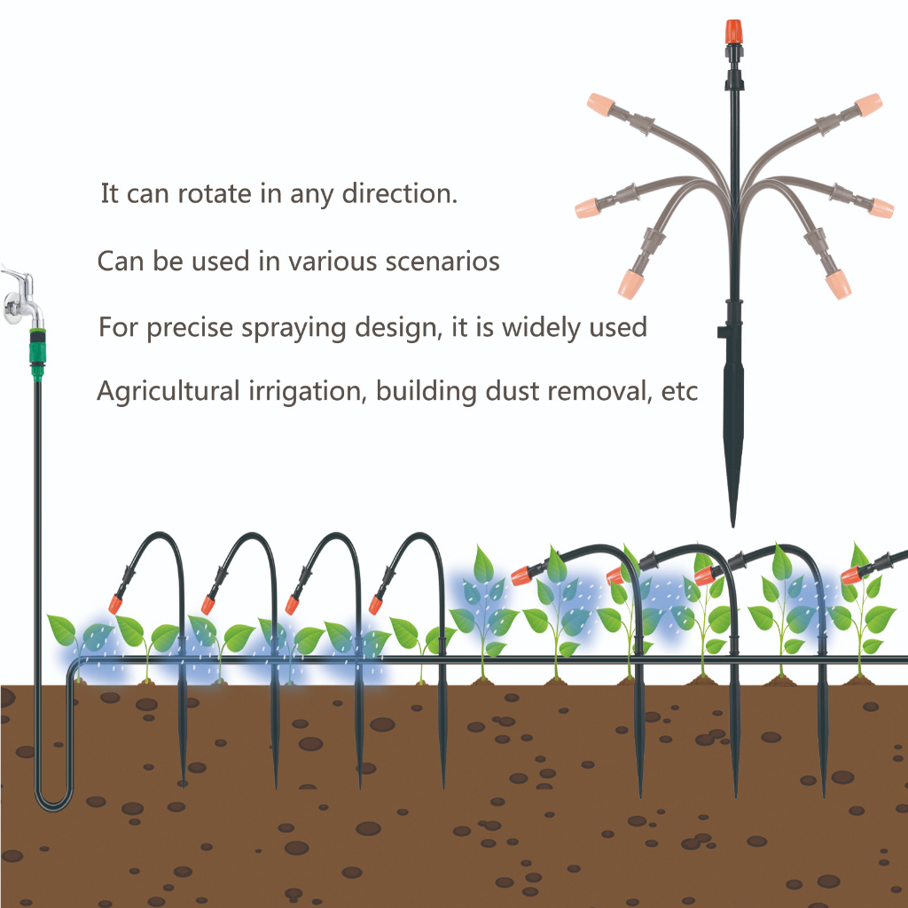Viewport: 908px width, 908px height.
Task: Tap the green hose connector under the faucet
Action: [x=37, y=353]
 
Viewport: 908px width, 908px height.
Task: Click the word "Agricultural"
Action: [x=168, y=391]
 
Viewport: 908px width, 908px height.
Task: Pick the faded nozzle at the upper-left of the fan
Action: [x=600, y=105]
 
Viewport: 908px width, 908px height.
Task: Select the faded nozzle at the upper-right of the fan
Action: [x=868, y=105]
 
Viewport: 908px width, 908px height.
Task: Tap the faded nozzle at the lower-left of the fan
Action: [x=630, y=284]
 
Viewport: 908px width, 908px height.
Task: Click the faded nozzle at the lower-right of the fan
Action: [x=838, y=285]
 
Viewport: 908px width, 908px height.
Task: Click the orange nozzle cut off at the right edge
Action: [x=850, y=575]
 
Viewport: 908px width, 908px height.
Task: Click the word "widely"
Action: [x=540, y=328]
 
